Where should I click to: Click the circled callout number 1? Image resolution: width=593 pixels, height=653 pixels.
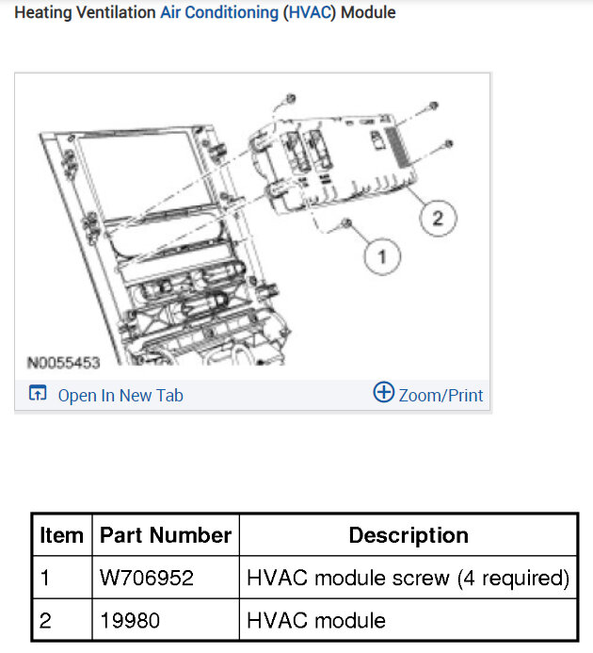tap(382, 256)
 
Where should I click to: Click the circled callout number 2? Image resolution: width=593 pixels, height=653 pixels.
tap(438, 219)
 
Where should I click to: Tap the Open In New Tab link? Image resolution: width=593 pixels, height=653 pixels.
tap(120, 395)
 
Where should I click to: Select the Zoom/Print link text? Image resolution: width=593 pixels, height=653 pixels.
tap(441, 395)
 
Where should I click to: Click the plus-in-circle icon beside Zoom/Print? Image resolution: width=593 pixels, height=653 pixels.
tap(383, 392)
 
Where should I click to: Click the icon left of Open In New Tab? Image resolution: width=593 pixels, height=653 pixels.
tap(38, 393)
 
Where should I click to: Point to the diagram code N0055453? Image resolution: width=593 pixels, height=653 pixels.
tap(64, 363)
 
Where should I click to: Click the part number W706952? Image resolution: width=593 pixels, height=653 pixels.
tap(147, 578)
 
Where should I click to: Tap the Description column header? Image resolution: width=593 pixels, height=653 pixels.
tap(409, 534)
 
